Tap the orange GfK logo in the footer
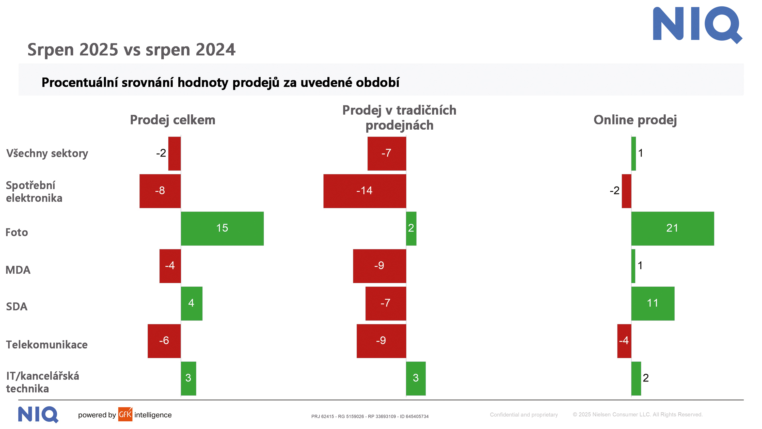coord(125,414)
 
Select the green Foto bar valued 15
coord(222,228)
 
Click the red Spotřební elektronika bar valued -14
coord(364,191)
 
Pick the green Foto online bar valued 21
coord(672,228)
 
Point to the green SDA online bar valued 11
coord(653,303)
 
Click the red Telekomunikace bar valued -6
coord(164,341)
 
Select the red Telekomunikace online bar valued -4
coord(624,341)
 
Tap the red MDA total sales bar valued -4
coord(170,266)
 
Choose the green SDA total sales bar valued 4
coord(191,303)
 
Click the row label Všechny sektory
coord(47,153)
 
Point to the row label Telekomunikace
coord(47,345)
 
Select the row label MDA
coord(18,270)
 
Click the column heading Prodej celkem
coord(172,120)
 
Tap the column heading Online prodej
coord(635,120)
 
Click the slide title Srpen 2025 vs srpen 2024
coord(131,50)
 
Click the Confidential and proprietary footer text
coord(523,415)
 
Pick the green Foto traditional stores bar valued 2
coord(411,228)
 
